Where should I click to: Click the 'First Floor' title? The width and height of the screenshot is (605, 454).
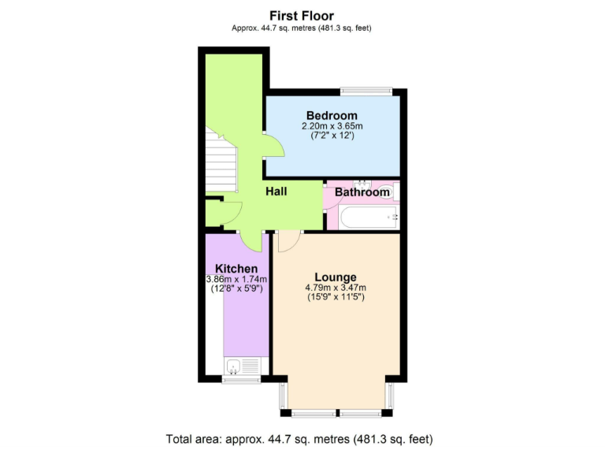302,15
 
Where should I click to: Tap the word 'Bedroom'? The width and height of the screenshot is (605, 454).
332,116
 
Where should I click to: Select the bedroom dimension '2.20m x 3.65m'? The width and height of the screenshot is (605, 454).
332,126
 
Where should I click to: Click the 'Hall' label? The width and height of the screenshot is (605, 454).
276,192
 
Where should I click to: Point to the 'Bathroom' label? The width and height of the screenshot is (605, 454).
362,192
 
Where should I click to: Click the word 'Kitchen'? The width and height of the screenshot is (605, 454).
236,269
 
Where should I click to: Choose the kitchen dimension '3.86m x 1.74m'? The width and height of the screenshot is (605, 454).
236,279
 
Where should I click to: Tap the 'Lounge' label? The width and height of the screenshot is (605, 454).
336,277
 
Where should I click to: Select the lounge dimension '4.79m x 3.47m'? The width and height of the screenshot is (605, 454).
336,288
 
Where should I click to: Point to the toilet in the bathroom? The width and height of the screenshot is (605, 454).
394,191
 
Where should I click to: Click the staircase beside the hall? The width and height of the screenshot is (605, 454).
221,162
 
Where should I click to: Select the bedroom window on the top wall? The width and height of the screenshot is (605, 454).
366,90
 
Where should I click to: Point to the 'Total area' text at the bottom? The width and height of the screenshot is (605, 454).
299,439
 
